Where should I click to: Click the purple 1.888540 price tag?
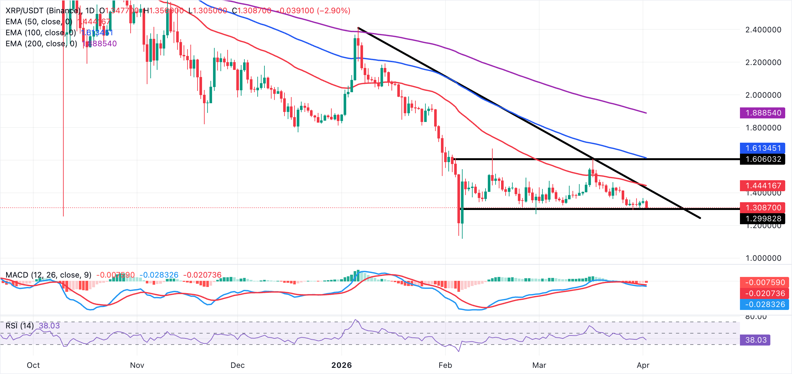click(x=763, y=113)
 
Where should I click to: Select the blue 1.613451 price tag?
click(x=763, y=148)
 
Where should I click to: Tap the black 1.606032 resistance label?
click(x=763, y=159)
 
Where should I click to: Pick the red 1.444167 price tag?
click(x=763, y=186)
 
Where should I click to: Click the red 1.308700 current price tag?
click(x=763, y=208)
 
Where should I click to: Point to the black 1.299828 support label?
click(x=763, y=219)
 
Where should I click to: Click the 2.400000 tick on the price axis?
click(x=763, y=30)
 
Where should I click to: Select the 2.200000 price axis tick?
click(x=763, y=62)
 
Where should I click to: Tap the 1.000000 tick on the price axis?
click(x=763, y=258)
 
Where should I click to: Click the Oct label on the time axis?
click(x=33, y=365)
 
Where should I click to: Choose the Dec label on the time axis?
click(x=238, y=365)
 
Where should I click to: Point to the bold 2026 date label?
click(x=342, y=365)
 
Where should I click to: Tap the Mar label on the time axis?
click(x=539, y=365)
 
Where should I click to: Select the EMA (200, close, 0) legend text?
click(x=41, y=44)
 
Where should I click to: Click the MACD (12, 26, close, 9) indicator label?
click(x=48, y=275)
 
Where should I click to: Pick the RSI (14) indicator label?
click(x=20, y=325)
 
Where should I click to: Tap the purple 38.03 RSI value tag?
click(x=755, y=340)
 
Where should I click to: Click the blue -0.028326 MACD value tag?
click(x=765, y=304)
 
